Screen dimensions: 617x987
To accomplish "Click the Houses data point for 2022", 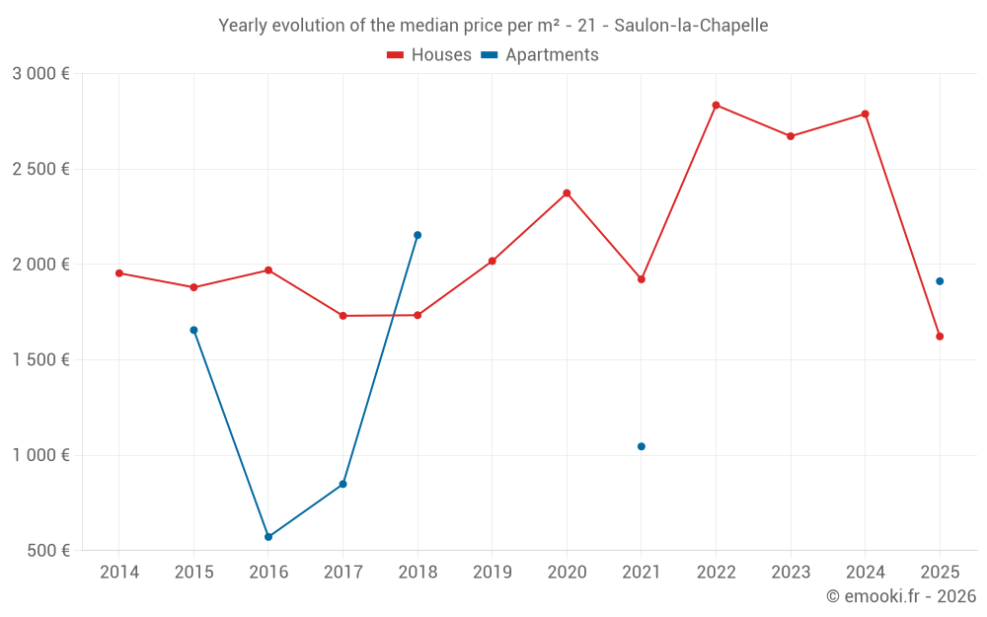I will [x=716, y=105].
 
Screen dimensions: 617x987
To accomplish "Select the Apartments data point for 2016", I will [x=268, y=537].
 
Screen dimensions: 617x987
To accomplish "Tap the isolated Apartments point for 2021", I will [x=642, y=446].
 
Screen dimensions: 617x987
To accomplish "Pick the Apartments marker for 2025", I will [x=940, y=281].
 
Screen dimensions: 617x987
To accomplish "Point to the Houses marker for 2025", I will [x=940, y=337].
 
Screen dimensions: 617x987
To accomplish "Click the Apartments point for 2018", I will [x=418, y=235].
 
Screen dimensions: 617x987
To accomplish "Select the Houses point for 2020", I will [x=567, y=193].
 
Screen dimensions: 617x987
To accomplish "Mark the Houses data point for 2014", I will [x=119, y=272].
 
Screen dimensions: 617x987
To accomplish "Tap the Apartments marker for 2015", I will [x=193, y=330].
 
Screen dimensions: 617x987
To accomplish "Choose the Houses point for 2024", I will [x=866, y=114].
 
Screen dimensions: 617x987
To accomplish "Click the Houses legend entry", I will [x=429, y=55].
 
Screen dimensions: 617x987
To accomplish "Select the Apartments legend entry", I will [x=541, y=55].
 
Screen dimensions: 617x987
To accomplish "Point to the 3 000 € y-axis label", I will [x=41, y=74].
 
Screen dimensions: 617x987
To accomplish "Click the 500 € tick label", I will [x=47, y=551].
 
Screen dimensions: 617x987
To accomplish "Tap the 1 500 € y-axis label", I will [x=41, y=360].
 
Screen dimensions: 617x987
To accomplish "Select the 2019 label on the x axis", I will [x=493, y=573].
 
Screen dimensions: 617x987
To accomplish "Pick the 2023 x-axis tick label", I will [x=791, y=573].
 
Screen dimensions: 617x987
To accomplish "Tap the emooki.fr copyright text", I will [x=901, y=596].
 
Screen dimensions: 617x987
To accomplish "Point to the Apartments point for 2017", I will [x=342, y=484].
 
